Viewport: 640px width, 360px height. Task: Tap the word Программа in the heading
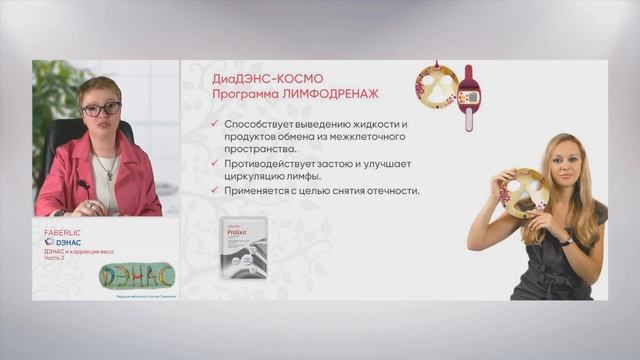pos(241,96)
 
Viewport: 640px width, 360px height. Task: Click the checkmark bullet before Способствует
pos(216,124)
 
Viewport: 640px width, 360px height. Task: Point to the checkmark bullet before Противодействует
pos(216,163)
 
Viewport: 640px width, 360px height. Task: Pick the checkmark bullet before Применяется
pos(216,190)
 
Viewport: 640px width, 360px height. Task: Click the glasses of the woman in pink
pos(100,108)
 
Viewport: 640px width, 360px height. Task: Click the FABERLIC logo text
pos(64,232)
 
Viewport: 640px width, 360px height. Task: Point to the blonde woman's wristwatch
pos(565,240)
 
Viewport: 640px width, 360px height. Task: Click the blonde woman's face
pos(564,165)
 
